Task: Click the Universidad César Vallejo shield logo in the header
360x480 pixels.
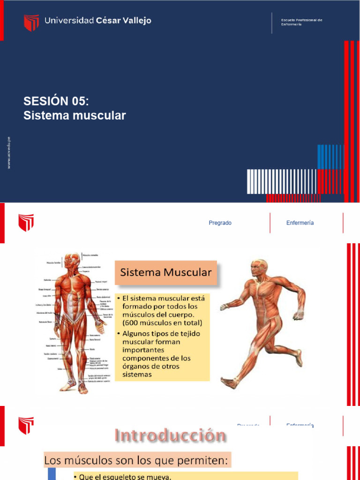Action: (31, 22)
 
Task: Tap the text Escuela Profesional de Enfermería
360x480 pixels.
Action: (301, 22)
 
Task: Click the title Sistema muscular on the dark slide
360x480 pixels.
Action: (75, 115)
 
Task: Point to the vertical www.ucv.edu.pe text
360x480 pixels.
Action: (9, 153)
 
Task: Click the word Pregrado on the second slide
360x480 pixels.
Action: (220, 223)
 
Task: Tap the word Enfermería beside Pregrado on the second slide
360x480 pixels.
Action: (300, 223)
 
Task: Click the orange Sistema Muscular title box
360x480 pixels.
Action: (166, 272)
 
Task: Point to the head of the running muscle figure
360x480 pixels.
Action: (258, 268)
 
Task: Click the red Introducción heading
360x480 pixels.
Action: (171, 436)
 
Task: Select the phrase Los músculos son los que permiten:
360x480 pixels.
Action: (136, 461)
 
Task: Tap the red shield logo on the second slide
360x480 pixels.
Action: (26, 223)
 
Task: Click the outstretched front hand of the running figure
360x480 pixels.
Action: (225, 307)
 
